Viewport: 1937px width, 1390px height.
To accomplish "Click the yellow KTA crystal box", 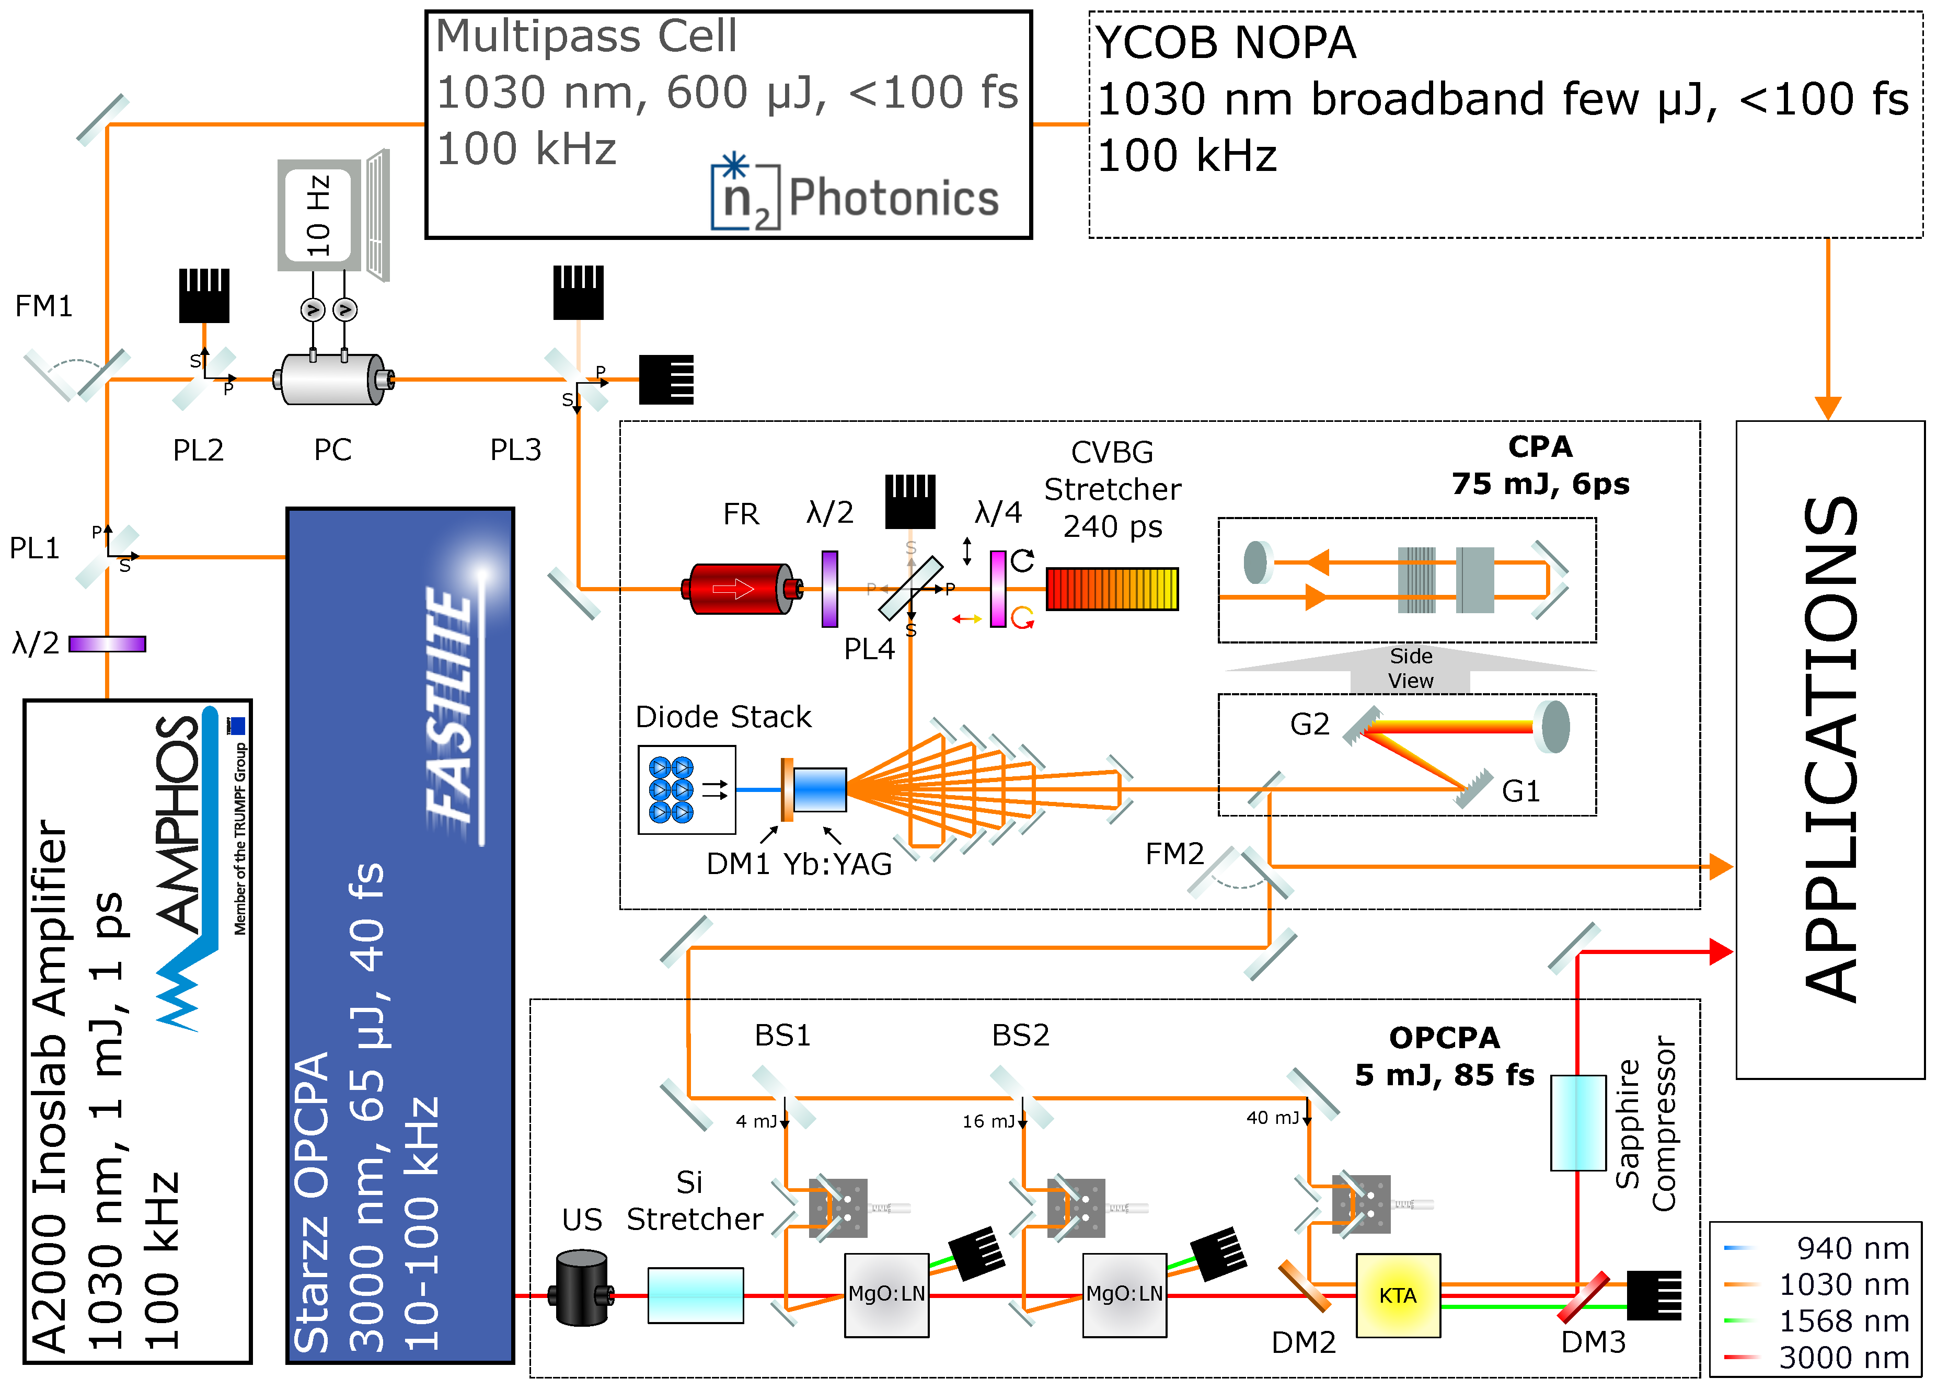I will [x=1397, y=1295].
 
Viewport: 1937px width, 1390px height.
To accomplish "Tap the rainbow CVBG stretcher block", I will [x=1112, y=589].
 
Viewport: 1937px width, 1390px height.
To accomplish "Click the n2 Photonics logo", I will [x=854, y=197].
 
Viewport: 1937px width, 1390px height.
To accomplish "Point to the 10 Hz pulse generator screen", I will [x=318, y=215].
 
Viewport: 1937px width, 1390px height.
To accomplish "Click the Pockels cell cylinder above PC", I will [x=333, y=380].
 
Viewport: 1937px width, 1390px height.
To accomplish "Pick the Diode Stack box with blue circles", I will [x=686, y=789].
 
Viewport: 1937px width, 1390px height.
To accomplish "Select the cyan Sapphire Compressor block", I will [x=1577, y=1122].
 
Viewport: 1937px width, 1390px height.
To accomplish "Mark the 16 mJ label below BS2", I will [x=988, y=1121].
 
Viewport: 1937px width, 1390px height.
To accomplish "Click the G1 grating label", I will [x=1520, y=791].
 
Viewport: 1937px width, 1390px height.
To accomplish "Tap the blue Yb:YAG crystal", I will [x=819, y=789].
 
